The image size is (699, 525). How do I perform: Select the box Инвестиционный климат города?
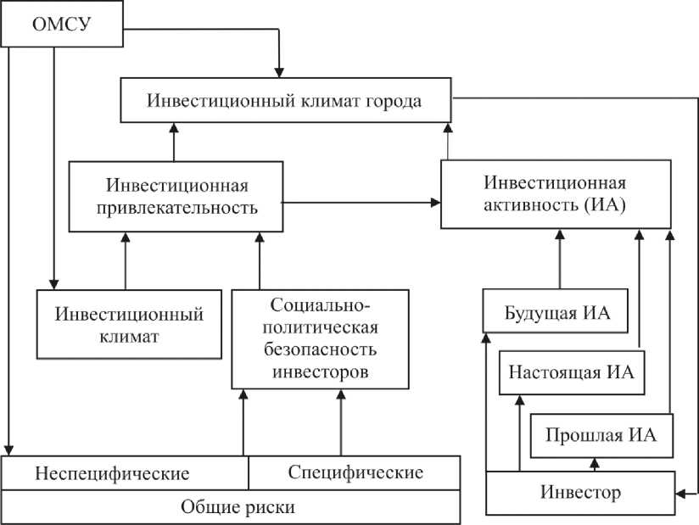tap(284, 99)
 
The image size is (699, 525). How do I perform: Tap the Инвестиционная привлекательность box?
tap(176, 196)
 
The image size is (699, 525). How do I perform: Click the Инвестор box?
tap(580, 492)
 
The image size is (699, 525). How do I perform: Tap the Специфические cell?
tap(355, 472)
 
